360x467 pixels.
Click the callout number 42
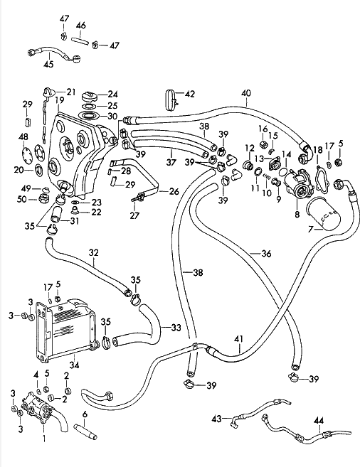point(190,94)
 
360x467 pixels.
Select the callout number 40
point(246,93)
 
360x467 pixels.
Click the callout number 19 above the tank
point(60,100)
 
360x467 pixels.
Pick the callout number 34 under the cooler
point(75,365)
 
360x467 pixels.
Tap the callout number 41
point(239,339)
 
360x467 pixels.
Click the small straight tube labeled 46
point(80,41)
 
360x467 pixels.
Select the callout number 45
point(48,64)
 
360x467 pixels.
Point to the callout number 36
point(266,254)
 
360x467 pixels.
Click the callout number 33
point(176,328)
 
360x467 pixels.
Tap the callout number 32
point(94,252)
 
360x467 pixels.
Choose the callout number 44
point(319,421)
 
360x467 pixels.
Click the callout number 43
point(217,419)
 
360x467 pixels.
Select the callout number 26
point(174,191)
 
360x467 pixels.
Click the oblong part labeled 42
point(171,99)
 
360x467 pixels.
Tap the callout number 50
point(22,199)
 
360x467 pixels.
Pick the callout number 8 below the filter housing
point(297,214)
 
